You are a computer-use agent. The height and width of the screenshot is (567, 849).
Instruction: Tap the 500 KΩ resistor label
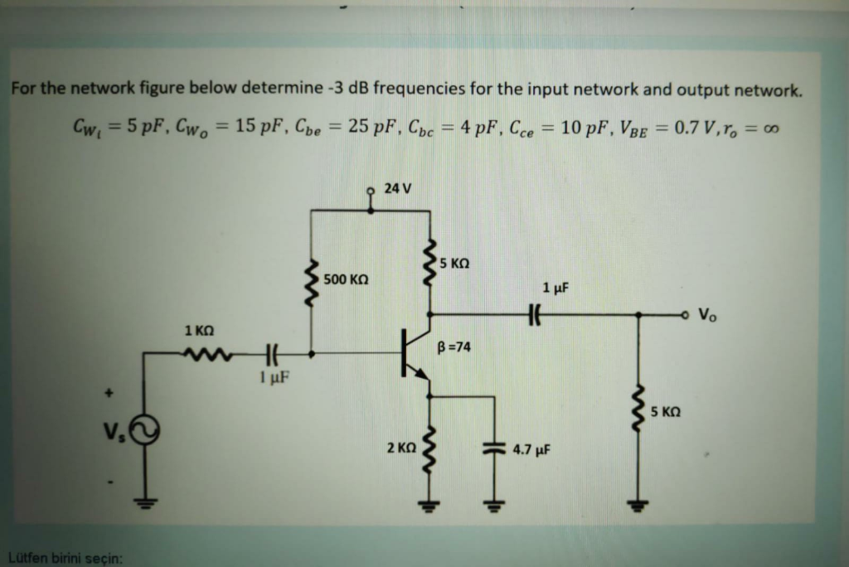tap(346, 279)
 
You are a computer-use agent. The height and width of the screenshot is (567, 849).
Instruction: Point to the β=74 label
tap(454, 347)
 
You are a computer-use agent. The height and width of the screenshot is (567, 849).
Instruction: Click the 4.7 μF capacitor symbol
tap(495, 448)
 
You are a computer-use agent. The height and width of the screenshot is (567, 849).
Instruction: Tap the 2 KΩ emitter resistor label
tap(400, 448)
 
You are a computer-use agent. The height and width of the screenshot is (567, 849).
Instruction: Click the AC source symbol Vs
tap(147, 430)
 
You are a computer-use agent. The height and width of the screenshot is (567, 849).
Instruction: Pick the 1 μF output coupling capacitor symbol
tap(534, 314)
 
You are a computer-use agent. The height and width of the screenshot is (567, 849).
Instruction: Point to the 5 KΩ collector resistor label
tap(455, 263)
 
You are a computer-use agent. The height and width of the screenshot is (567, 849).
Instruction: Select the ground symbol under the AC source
tap(147, 502)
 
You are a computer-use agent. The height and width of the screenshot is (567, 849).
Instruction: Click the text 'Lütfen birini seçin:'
tap(65, 556)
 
